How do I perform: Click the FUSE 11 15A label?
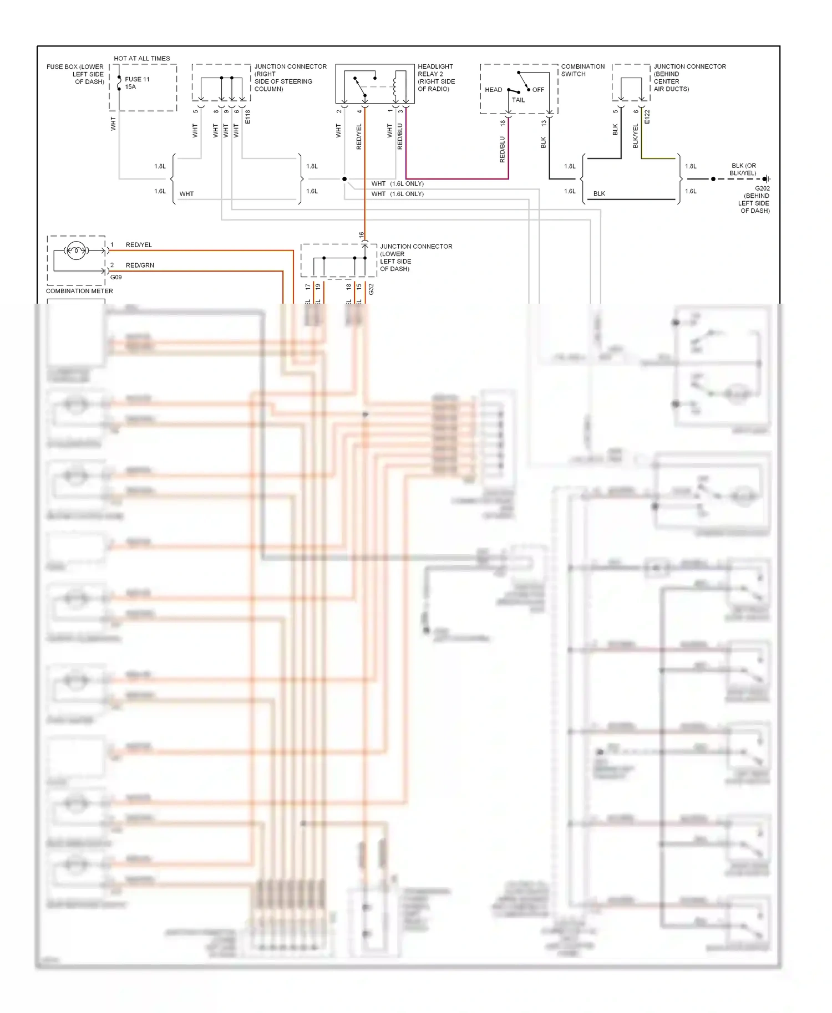(136, 83)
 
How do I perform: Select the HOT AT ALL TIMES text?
(142, 58)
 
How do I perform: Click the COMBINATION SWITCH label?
(582, 70)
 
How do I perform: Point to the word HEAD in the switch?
(493, 90)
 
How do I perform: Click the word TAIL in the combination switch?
(518, 100)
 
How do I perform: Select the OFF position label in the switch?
(538, 90)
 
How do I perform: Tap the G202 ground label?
(762, 188)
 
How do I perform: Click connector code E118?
(248, 117)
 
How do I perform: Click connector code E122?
(647, 117)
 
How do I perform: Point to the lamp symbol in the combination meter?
(76, 251)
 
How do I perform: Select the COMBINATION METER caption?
(79, 291)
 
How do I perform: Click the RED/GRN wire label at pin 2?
(140, 265)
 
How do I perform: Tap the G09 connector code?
(116, 277)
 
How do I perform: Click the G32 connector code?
(371, 289)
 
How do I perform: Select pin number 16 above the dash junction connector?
(361, 235)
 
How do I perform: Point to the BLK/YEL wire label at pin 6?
(636, 136)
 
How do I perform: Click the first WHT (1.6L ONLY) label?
(397, 183)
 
